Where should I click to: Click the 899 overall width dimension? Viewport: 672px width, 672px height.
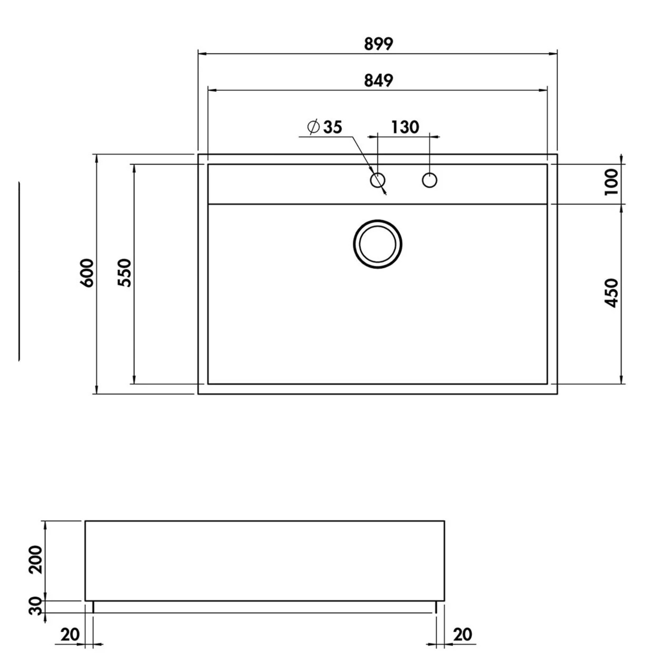(378, 44)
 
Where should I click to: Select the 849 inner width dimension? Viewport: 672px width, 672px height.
(378, 81)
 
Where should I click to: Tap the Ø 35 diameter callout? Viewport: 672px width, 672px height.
(324, 127)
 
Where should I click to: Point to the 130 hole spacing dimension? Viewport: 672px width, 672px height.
(405, 127)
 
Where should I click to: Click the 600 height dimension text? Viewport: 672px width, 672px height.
(87, 273)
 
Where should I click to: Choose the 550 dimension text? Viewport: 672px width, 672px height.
(124, 273)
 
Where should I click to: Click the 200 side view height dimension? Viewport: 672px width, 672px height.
(35, 560)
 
